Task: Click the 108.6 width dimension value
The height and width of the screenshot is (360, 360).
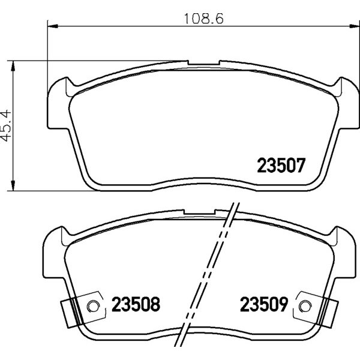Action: tap(204, 19)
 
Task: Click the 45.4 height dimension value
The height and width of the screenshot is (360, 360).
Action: tap(6, 125)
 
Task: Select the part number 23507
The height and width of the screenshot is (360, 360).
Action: tap(281, 166)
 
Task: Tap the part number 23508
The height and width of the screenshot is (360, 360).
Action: tap(136, 304)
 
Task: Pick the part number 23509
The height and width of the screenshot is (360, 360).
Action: tap(264, 304)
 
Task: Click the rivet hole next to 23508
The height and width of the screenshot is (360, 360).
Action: tap(93, 306)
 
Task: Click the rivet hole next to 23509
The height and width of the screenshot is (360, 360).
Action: tap(305, 306)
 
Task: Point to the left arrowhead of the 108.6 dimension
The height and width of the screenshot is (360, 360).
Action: tap(52, 26)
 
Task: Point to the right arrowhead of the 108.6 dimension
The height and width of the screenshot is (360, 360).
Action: tap(354, 26)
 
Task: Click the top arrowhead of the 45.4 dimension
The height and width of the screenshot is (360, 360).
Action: tap(13, 65)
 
